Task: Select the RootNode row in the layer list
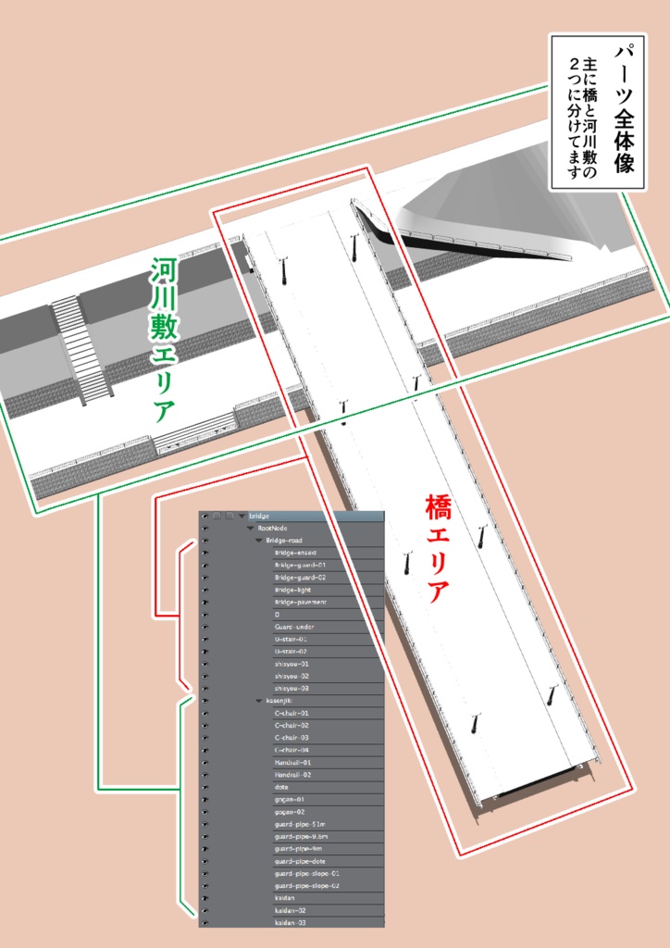(x=274, y=528)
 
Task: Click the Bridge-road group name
(x=284, y=540)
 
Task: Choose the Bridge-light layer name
(x=292, y=590)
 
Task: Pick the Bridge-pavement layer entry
(x=300, y=602)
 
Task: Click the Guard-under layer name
(x=294, y=627)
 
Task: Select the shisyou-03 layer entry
(x=292, y=689)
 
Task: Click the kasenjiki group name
(x=280, y=701)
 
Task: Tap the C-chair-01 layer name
(x=292, y=713)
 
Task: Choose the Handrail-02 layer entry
(x=292, y=775)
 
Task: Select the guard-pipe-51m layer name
(x=300, y=824)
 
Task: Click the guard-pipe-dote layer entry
(x=300, y=861)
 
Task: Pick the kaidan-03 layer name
(x=290, y=923)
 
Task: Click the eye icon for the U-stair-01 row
(x=204, y=639)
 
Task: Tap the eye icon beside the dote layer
(x=204, y=787)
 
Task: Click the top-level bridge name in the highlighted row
(x=259, y=516)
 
